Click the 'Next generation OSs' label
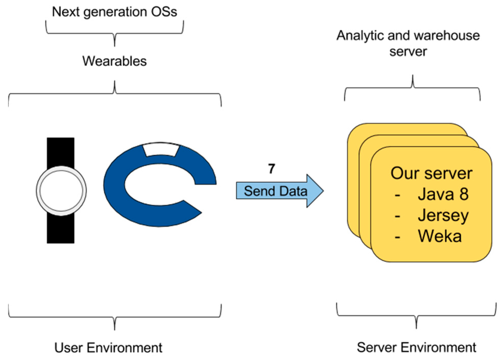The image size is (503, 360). pyautogui.click(x=114, y=12)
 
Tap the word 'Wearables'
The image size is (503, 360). pyautogui.click(x=114, y=61)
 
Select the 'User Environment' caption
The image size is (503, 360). pyautogui.click(x=108, y=348)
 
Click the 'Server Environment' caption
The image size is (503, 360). pyautogui.click(x=417, y=348)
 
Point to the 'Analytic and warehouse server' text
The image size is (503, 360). pyautogui.click(x=408, y=43)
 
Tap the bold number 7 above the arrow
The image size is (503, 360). pyautogui.click(x=271, y=168)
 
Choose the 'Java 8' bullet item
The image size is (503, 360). pyautogui.click(x=443, y=194)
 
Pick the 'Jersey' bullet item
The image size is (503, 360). pyautogui.click(x=443, y=215)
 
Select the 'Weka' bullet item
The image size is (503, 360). pyautogui.click(x=440, y=236)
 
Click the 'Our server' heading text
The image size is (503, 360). pyautogui.click(x=431, y=173)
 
